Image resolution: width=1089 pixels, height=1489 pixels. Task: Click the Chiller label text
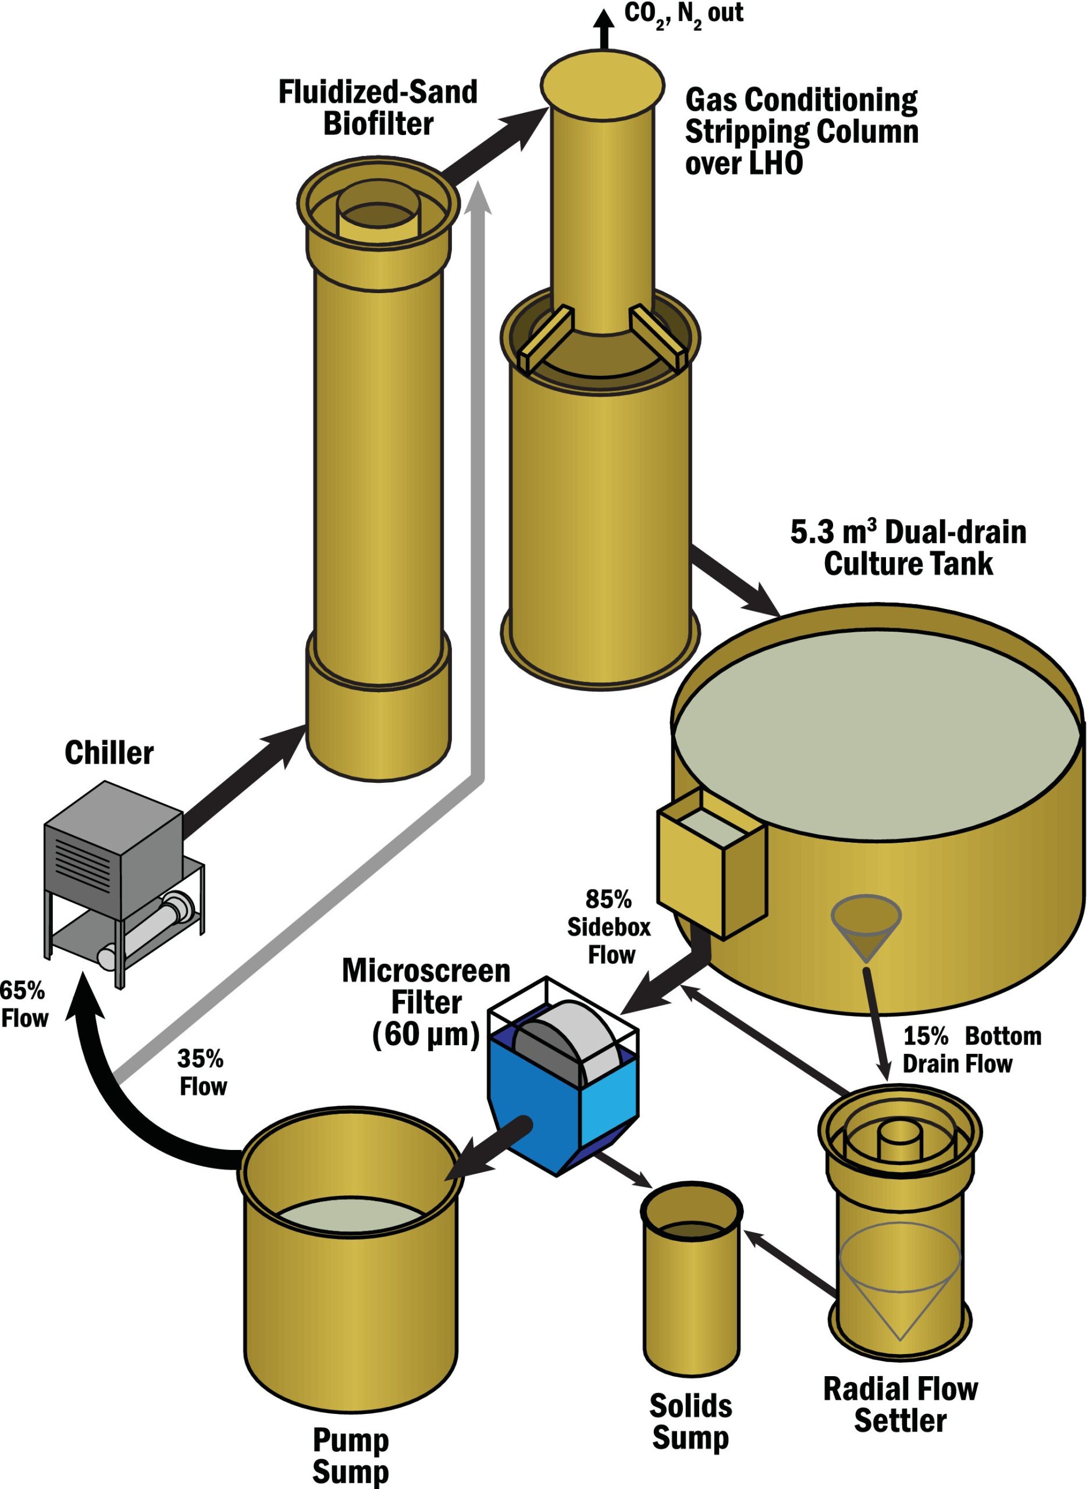[x=109, y=753]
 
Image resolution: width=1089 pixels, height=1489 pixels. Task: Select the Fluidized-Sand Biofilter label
[x=378, y=108]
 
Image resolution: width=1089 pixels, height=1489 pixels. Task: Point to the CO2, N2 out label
[x=684, y=15]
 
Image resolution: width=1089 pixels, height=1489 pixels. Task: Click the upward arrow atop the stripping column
[x=603, y=30]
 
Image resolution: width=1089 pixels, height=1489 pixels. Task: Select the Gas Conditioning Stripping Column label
[x=801, y=131]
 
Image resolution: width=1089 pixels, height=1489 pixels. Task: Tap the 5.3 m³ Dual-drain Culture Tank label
[x=909, y=548]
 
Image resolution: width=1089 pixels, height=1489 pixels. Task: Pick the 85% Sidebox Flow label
[x=609, y=927]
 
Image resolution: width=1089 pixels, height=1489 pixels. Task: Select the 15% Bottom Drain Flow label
[x=971, y=1049]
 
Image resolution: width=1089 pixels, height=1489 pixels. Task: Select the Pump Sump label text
[x=351, y=1455]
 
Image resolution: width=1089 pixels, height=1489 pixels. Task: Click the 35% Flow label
[x=202, y=1073]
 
